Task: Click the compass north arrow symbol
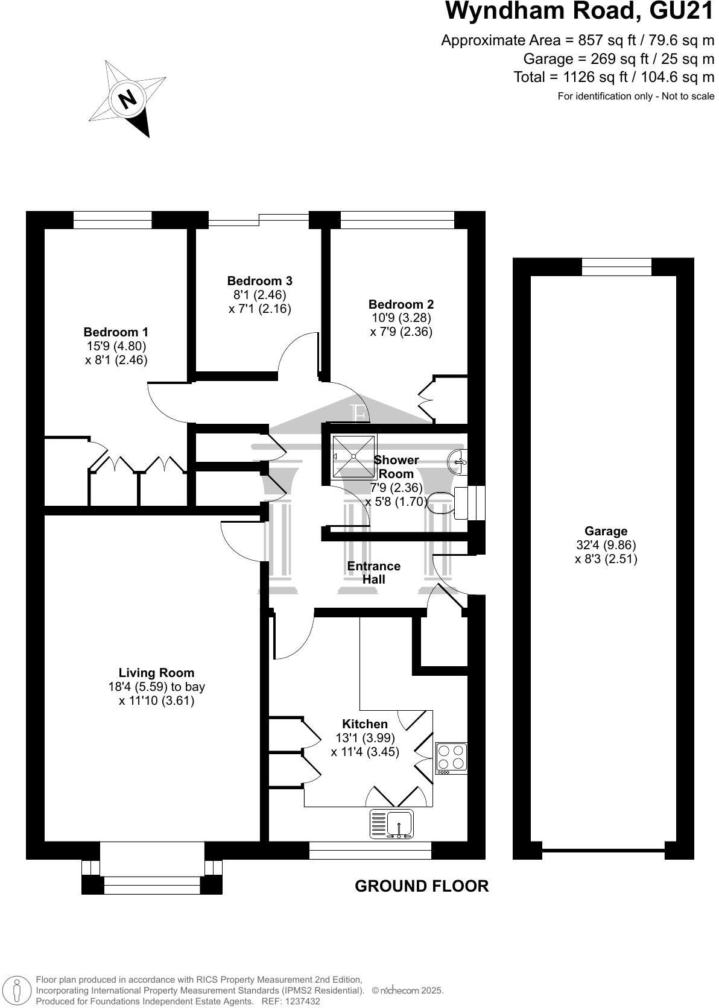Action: tap(128, 98)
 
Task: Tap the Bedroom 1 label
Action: tap(116, 332)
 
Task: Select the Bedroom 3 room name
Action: tap(259, 281)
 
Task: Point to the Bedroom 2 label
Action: tap(401, 304)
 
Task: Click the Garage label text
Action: tap(606, 531)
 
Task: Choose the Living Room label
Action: tap(156, 673)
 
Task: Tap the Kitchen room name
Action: tap(365, 724)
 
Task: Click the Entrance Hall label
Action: tap(373, 573)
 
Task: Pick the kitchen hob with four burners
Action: tap(451, 758)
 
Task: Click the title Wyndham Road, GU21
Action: tap(579, 11)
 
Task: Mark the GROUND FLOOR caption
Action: tap(422, 886)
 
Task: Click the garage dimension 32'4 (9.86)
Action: tap(606, 545)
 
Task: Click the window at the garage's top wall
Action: tap(616, 266)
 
